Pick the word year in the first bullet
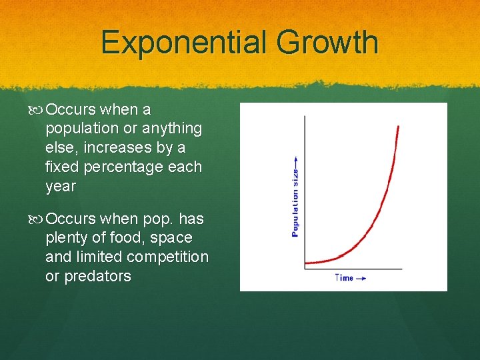click(x=61, y=186)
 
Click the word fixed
click(x=63, y=167)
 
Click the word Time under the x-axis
click(x=344, y=278)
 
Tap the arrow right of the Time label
click(x=361, y=278)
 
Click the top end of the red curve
click(x=398, y=126)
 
